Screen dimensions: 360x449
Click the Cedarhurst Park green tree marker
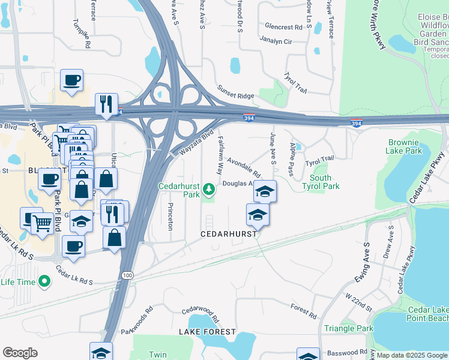[x=209, y=190]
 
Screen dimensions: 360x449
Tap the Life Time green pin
[x=44, y=281]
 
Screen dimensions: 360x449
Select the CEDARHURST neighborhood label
[x=229, y=233]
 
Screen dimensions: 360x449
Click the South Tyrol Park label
[x=325, y=182]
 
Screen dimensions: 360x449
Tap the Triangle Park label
[x=348, y=328]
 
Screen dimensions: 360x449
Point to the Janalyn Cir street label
[x=276, y=41]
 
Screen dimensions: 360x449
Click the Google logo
[x=20, y=353]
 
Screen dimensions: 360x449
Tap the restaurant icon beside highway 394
[x=106, y=103]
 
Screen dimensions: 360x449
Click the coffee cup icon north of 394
[x=72, y=80]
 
